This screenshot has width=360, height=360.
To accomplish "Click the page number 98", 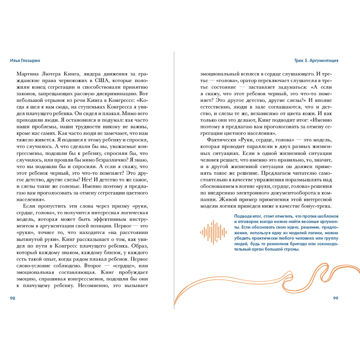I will point(13,298).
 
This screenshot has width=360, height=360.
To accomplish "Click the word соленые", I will point(69,186).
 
